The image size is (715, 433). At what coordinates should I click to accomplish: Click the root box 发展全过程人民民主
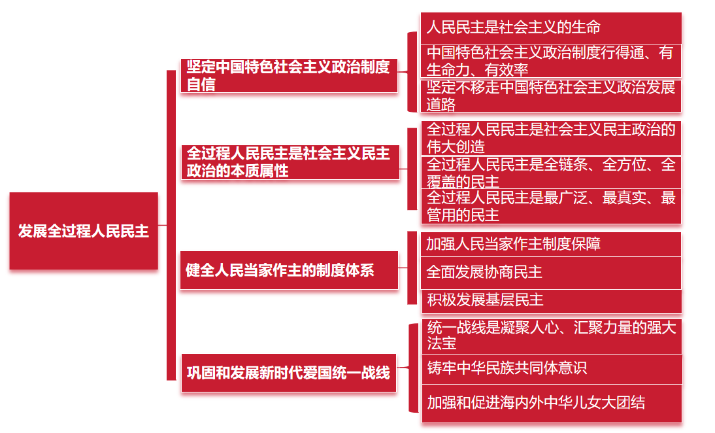pos(84,231)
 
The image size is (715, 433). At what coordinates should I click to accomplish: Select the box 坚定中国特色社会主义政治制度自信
pos(289,75)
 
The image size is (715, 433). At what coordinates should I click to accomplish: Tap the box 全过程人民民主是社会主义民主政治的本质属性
pos(290,162)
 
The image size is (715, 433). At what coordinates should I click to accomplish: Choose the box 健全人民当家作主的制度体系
pos(289,269)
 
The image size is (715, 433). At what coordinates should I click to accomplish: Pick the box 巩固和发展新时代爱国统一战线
pos(289,373)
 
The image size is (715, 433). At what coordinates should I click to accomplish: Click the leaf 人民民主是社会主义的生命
pos(550,27)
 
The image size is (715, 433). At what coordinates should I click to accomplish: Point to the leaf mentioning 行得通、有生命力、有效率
pos(550,61)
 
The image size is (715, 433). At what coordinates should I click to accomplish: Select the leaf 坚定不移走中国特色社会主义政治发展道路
pos(550,95)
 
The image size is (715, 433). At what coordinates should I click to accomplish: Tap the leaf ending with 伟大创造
pos(550,137)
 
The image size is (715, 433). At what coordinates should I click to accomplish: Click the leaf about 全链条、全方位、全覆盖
pos(550,172)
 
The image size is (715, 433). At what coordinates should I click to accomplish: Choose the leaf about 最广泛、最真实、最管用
pos(550,206)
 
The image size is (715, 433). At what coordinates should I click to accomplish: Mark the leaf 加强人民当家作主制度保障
pos(550,244)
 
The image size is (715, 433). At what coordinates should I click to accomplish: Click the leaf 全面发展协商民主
pos(550,272)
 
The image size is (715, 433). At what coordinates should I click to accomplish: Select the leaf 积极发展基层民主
pos(550,300)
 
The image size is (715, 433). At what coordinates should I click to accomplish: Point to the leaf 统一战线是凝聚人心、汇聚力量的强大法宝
pos(550,335)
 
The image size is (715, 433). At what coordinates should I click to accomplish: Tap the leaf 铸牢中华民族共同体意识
pos(550,368)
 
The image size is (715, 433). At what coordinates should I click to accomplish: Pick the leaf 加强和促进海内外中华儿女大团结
pos(550,402)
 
